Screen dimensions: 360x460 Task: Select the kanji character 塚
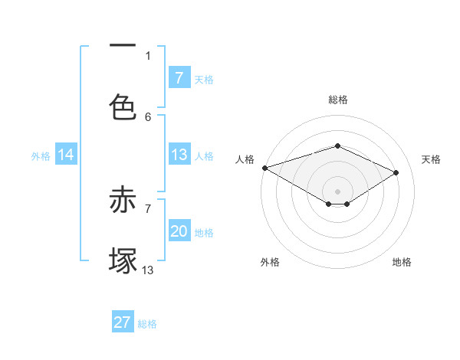click(123, 260)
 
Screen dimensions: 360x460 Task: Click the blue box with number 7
click(179, 78)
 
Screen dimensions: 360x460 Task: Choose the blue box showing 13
click(179, 155)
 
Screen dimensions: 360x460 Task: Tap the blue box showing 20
click(179, 231)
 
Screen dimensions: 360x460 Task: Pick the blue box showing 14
click(66, 155)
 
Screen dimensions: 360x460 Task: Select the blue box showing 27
click(123, 322)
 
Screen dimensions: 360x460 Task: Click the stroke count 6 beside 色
click(149, 116)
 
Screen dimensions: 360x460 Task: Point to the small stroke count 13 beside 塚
click(148, 270)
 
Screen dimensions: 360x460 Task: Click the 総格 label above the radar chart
click(338, 100)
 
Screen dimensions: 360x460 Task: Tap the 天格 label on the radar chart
click(431, 159)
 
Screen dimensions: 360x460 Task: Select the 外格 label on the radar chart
click(270, 262)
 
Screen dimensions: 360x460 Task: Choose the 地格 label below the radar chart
click(402, 262)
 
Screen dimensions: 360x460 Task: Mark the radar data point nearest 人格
click(264, 168)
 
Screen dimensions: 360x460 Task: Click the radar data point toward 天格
click(396, 172)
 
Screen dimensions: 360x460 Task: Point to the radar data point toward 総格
click(337, 146)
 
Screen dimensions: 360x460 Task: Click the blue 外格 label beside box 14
click(41, 155)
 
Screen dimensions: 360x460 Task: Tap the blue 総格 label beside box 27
click(147, 323)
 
